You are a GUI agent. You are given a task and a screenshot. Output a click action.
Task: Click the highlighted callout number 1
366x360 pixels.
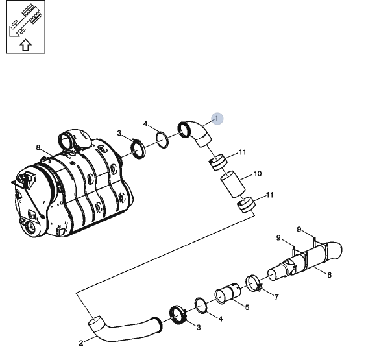(x=217, y=119)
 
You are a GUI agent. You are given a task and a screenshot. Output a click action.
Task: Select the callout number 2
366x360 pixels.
(x=81, y=343)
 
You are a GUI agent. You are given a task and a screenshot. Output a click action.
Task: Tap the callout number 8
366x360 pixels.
(x=38, y=147)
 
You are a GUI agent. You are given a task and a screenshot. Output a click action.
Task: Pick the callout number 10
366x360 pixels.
(x=258, y=174)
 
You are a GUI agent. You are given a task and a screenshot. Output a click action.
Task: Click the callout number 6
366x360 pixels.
(x=330, y=275)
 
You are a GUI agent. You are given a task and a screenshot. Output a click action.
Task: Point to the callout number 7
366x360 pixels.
(x=276, y=297)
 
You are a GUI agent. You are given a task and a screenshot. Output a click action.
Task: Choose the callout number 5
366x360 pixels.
(x=247, y=307)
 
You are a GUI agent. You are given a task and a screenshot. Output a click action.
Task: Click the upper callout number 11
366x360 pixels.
(x=242, y=152)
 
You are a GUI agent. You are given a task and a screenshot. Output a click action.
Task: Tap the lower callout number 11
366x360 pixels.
(x=269, y=195)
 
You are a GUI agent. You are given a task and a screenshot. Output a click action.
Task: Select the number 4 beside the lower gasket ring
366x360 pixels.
(x=221, y=318)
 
